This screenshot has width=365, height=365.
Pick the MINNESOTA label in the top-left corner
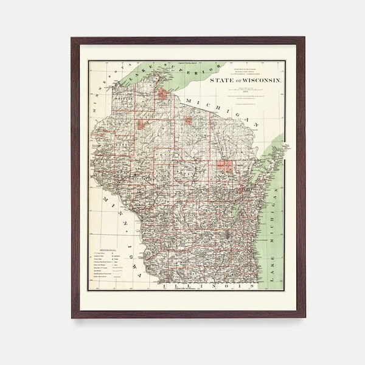click(x=105, y=92)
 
